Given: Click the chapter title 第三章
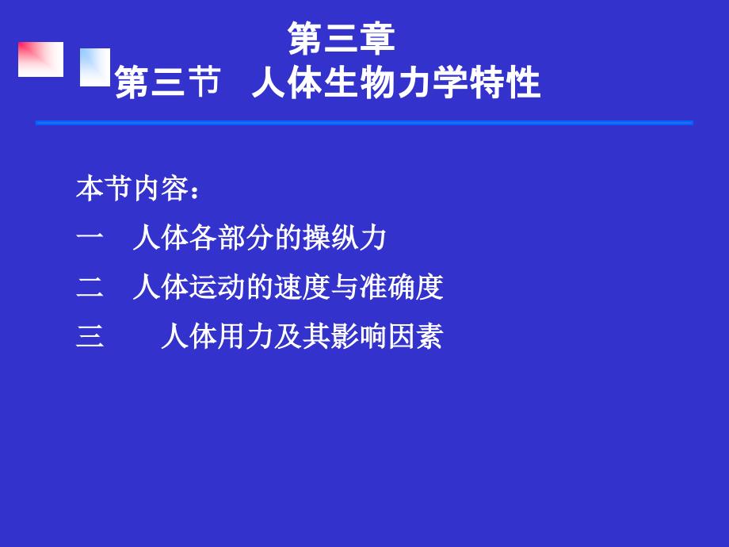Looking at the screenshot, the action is pyautogui.click(x=342, y=38).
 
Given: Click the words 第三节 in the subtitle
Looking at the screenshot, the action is pyautogui.click(x=167, y=82).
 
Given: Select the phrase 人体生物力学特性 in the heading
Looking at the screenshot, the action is pyautogui.click(x=396, y=82).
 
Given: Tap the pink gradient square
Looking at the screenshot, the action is pyautogui.click(x=41, y=59).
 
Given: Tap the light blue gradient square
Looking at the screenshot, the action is pyautogui.click(x=95, y=67).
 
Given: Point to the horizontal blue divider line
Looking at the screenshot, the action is pyautogui.click(x=364, y=123).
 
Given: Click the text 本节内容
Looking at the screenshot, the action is pyautogui.click(x=132, y=189).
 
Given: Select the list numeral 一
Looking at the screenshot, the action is pyautogui.click(x=90, y=238).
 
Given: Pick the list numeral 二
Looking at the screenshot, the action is pyautogui.click(x=90, y=287).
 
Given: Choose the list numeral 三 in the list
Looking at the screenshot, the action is pyautogui.click(x=90, y=336).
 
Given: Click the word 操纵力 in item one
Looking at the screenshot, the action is pyautogui.click(x=345, y=238).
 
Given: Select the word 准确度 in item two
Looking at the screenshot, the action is pyautogui.click(x=401, y=287).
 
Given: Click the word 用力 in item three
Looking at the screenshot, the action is pyautogui.click(x=245, y=336).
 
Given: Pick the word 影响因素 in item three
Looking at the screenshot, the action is pyautogui.click(x=387, y=336).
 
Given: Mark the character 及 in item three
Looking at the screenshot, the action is pyautogui.click(x=288, y=336).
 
